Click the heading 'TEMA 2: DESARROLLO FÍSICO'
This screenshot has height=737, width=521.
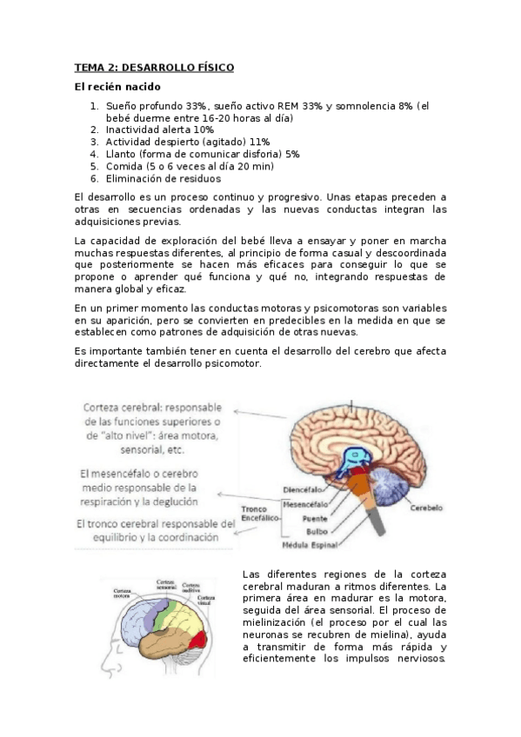(154, 67)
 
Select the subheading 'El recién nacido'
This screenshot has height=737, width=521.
(117, 87)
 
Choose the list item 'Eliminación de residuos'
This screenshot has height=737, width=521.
(158, 178)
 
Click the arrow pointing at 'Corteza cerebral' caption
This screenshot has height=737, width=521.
(261, 415)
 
